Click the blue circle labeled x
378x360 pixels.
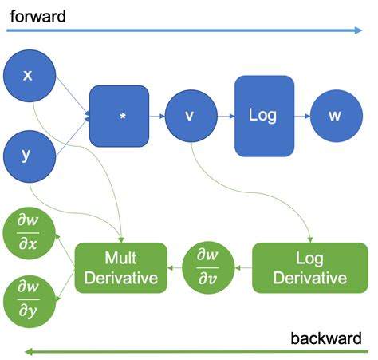[x=29, y=76]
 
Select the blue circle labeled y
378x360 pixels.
[x=29, y=155]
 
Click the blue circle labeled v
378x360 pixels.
[x=190, y=116]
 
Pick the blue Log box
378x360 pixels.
[x=264, y=116]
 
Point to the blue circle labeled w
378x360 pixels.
[x=335, y=116]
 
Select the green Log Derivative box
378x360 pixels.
[x=309, y=268]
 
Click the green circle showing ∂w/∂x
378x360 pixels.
[x=28, y=231]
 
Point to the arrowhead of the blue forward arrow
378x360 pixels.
[x=358, y=31]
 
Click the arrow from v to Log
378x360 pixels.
[x=224, y=116]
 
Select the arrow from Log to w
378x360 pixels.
[x=301, y=116]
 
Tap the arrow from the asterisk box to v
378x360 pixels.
[x=158, y=116]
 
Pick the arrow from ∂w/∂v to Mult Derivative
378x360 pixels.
[x=175, y=268]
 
